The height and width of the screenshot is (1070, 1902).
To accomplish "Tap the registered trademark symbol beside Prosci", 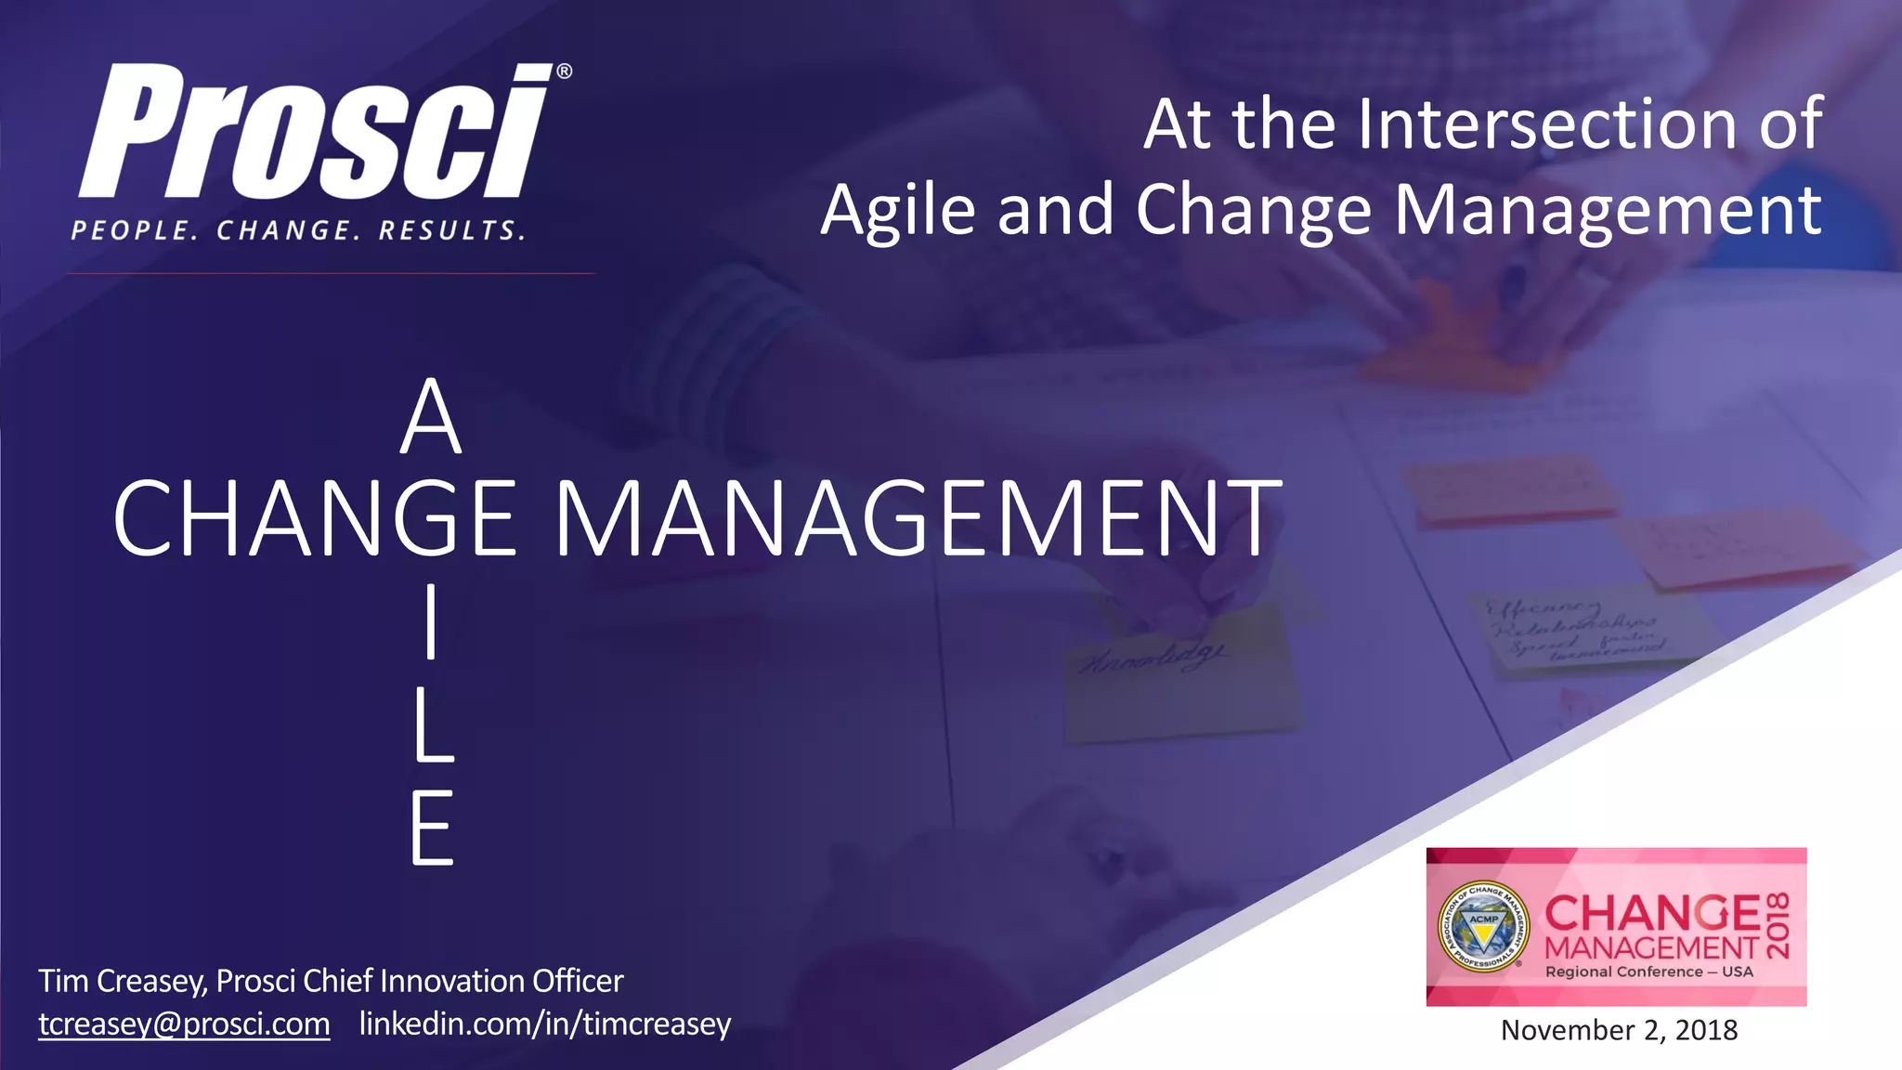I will (x=564, y=72).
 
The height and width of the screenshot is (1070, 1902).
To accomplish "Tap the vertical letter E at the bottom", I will (x=432, y=828).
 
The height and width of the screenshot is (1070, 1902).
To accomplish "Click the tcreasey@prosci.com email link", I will (x=184, y=1024).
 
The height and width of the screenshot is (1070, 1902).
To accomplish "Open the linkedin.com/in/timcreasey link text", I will (x=545, y=1024).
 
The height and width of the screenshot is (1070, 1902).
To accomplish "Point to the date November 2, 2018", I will (x=1619, y=1030).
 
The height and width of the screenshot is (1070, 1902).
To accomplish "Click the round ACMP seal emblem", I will (x=1483, y=926).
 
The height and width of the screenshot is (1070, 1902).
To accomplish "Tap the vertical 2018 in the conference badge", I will (x=1778, y=925).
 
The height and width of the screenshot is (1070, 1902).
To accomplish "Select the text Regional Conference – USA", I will (x=1649, y=972).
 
